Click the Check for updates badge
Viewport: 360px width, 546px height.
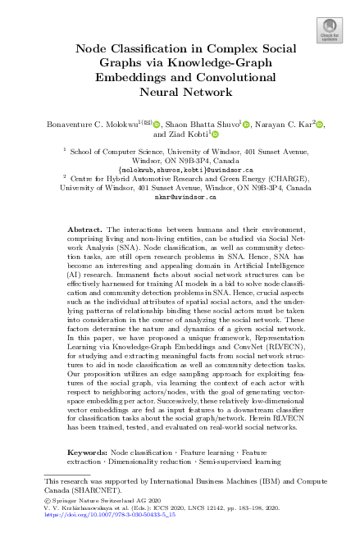coord(329,32)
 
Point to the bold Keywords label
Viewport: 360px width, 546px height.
coord(86,452)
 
